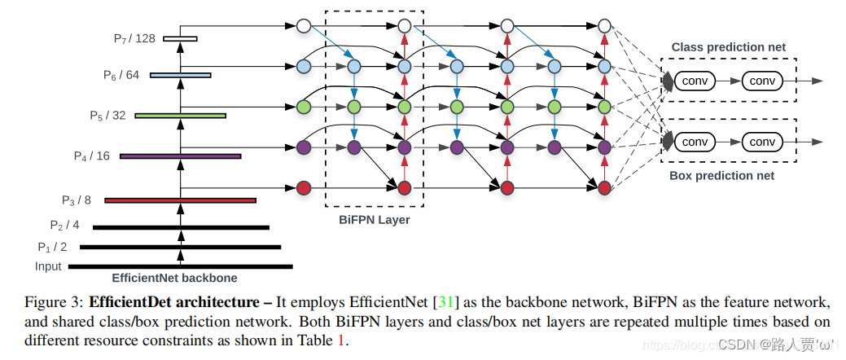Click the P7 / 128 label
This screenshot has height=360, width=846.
coord(134,38)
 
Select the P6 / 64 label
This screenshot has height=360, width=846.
coord(121,75)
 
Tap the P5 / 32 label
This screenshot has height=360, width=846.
coord(107,115)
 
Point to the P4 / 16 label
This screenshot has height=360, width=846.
coord(91,156)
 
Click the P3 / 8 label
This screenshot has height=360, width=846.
coord(77,200)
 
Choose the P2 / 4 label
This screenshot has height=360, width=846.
coord(64,225)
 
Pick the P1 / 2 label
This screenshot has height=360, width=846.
coord(52,246)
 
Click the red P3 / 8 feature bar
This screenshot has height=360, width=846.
coord(180,200)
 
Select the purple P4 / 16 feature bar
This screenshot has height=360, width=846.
coord(180,156)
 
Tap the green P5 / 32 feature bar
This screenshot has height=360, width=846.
coord(180,116)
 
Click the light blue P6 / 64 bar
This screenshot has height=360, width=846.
coord(180,75)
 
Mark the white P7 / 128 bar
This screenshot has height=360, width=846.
coord(180,38)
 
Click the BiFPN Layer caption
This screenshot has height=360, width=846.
coord(374,220)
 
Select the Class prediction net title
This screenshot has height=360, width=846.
coord(728,47)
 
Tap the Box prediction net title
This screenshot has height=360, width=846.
coord(721,175)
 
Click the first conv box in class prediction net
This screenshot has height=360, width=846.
coord(695,81)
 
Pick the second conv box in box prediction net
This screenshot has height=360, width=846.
coord(761,142)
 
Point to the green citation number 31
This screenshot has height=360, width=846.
coord(445,302)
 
